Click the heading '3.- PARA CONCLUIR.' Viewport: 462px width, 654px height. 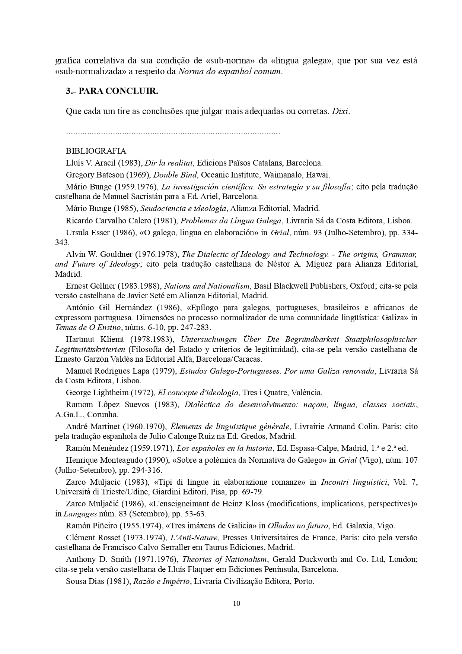click(112, 91)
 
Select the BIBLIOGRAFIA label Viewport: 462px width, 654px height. click(96, 151)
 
